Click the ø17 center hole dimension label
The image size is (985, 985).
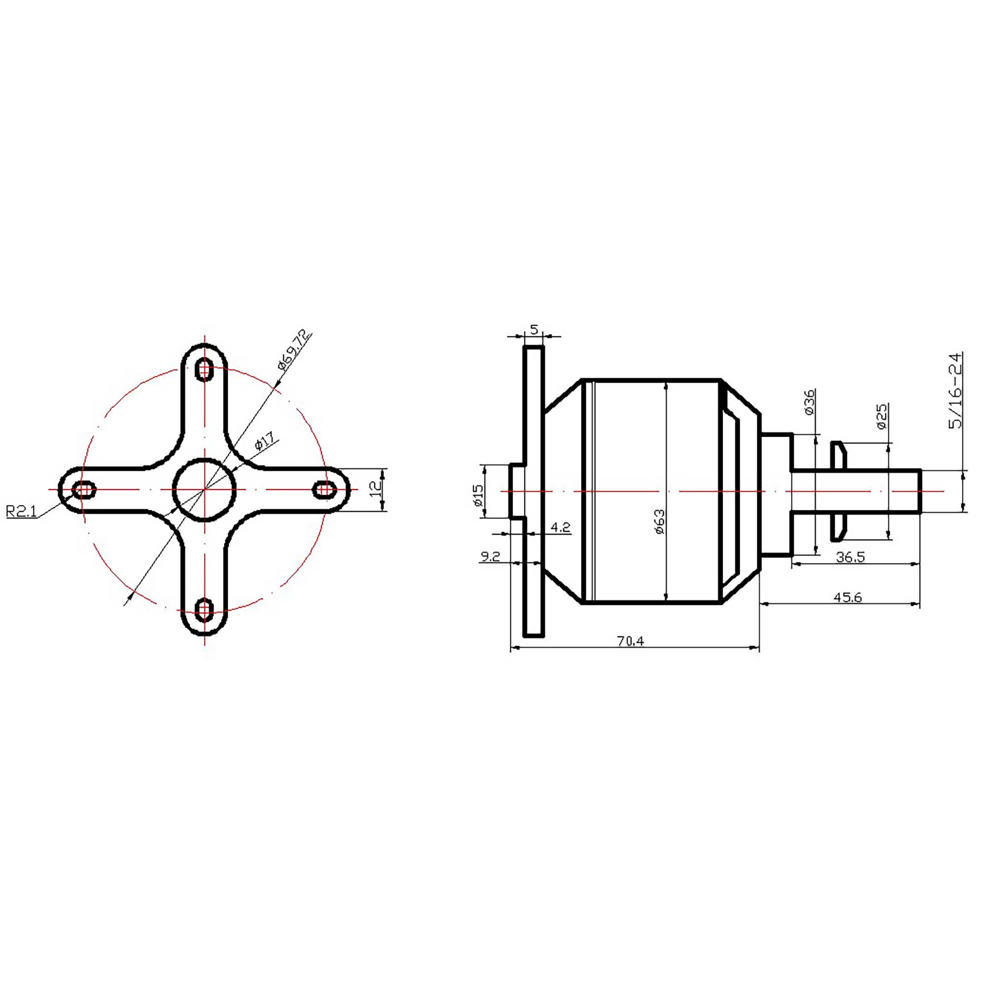265,440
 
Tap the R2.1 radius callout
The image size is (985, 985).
21,511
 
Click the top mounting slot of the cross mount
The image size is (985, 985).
204,369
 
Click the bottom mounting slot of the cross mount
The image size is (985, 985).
204,610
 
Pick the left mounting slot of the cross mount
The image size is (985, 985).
84,490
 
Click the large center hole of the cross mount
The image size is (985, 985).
204,490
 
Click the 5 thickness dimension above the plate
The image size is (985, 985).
534,330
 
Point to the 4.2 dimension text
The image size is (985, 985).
560,527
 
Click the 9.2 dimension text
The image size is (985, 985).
490,557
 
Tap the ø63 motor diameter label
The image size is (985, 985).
660,521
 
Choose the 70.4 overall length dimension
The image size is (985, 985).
630,641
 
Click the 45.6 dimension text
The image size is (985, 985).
847,597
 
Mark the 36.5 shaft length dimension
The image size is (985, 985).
850,557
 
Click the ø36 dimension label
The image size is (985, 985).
809,402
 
